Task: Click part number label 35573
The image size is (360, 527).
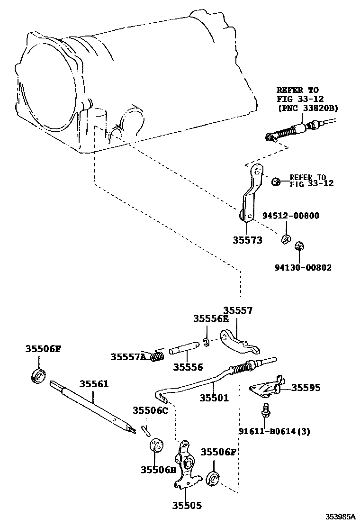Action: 247,240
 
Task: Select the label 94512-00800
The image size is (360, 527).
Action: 291,216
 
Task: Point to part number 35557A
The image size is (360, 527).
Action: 128,356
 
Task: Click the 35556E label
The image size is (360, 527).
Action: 211,319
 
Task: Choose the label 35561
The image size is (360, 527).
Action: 94,383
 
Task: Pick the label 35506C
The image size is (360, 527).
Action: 151,410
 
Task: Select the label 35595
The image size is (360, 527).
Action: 306,388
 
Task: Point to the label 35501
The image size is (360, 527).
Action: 214,398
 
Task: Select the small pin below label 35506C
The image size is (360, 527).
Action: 146,430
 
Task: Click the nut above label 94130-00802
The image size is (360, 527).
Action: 299,246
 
